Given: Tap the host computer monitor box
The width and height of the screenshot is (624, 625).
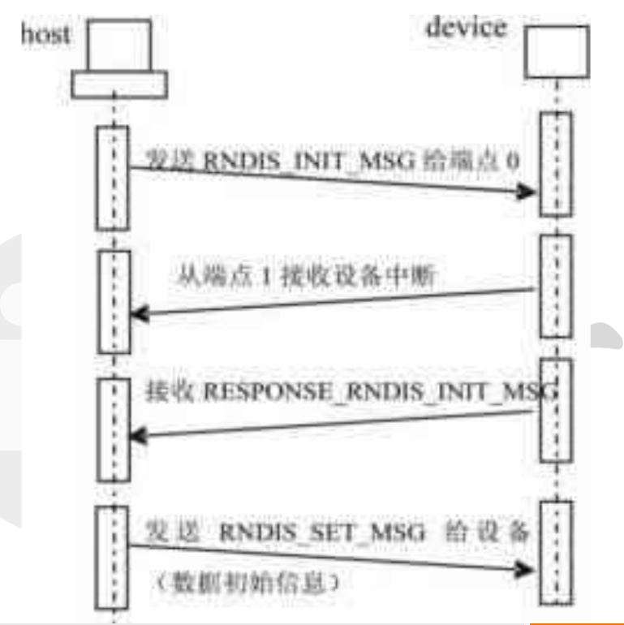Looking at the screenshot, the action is pos(119,45).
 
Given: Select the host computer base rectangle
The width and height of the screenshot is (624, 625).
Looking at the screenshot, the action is pos(119,84).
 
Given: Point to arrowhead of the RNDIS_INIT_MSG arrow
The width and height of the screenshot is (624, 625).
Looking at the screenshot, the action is pos(528,192).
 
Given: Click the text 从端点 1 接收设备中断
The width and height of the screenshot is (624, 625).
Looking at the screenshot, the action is pos(306,277).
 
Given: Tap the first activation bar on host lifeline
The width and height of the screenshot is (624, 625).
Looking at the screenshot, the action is pos(113,178).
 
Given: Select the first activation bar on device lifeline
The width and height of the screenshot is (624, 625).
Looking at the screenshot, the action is pos(556,163).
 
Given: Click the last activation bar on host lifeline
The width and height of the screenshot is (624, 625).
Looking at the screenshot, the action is pos(111,557).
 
